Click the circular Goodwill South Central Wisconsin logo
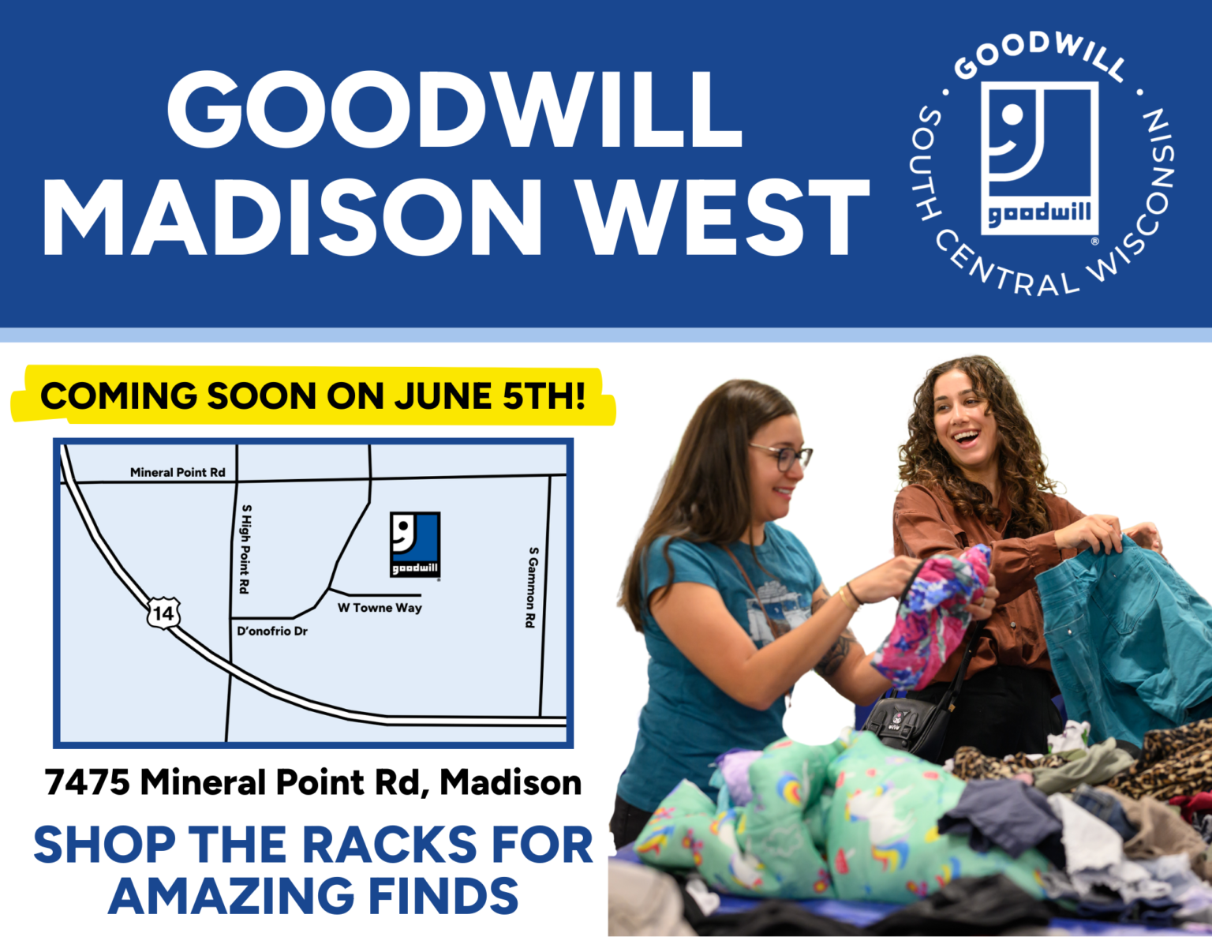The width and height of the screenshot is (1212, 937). click(x=1041, y=163)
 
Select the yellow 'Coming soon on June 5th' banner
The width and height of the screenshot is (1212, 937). click(x=313, y=395)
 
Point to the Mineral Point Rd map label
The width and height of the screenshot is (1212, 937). click(x=178, y=472)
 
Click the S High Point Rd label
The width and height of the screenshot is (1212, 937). click(x=245, y=549)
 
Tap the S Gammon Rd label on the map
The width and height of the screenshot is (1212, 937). click(x=533, y=587)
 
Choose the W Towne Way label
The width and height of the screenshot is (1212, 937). click(x=380, y=608)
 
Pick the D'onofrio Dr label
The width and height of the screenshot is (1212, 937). click(x=272, y=632)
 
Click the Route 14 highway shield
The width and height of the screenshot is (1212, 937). click(x=163, y=613)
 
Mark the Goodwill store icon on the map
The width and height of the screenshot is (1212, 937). click(x=415, y=545)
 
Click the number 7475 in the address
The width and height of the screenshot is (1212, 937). click(x=88, y=782)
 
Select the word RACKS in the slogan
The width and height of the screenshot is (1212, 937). click(x=390, y=845)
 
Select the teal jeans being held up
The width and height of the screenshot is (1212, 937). click(x=1120, y=624)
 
